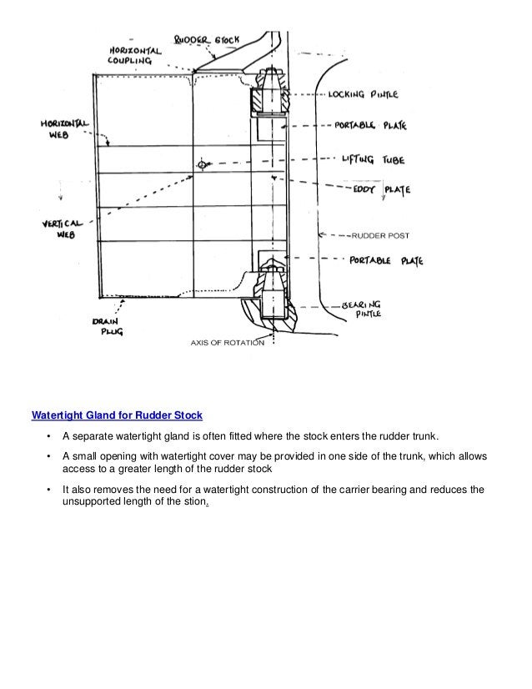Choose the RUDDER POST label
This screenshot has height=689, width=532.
(x=380, y=235)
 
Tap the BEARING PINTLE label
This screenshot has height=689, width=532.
(x=362, y=309)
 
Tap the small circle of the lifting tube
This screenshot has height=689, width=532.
(x=201, y=165)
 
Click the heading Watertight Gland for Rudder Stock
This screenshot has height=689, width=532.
(x=117, y=415)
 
